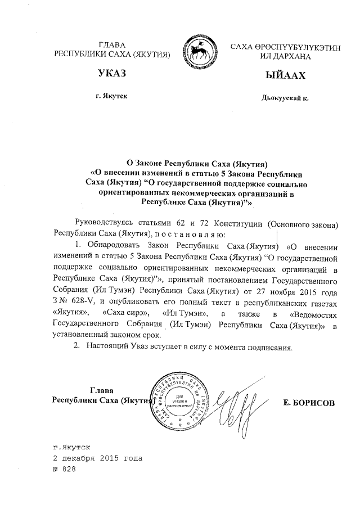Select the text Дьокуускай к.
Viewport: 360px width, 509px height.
click(285, 97)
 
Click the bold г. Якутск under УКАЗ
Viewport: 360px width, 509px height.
click(112, 96)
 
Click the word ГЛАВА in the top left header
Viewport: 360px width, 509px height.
click(111, 44)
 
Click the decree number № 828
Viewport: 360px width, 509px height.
click(63, 469)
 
